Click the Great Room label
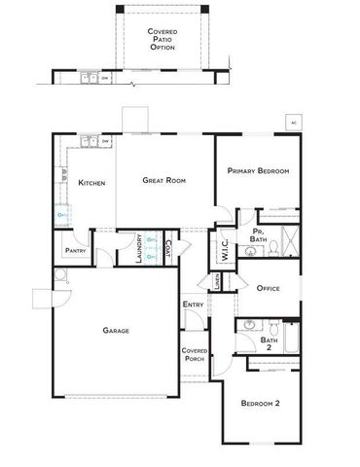coord(163,180)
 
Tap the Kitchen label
coord(91,182)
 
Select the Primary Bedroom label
coord(259,171)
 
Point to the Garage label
coord(116,330)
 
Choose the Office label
coord(269,288)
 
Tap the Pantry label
coord(76,250)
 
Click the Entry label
coord(192,305)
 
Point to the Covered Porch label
coord(193,353)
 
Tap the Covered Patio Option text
coord(162,39)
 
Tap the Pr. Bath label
coord(258,234)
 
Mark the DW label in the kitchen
coord(104,141)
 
